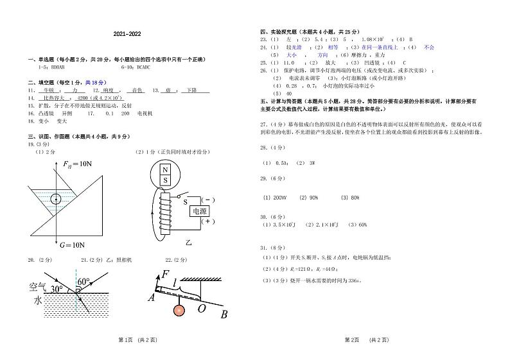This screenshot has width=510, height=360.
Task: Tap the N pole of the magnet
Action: coord(165,170)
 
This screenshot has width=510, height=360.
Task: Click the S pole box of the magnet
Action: coord(165,180)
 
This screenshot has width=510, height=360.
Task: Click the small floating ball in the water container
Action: coord(56,198)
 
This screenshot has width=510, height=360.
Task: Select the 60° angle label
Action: coord(83,282)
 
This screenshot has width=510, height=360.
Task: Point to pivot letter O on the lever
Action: coord(200,309)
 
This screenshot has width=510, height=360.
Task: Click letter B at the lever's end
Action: coord(224,314)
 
